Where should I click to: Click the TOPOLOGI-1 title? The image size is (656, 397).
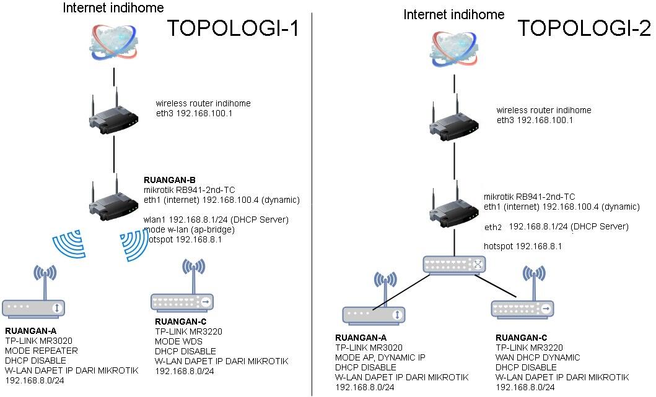pos(233,28)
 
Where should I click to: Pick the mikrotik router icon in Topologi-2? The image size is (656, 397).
pos(455,208)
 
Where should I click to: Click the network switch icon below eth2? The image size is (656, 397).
pos(455,265)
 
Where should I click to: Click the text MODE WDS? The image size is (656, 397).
pos(177,341)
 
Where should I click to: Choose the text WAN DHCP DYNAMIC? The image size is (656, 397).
pos(538,357)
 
